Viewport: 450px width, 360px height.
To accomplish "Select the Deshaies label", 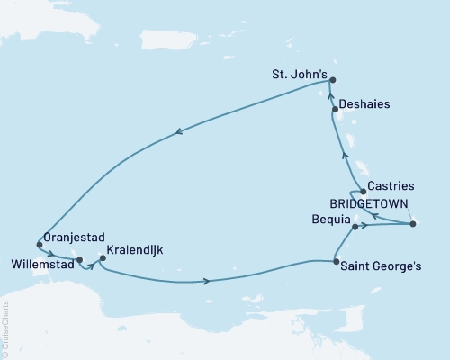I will pyautogui.click(x=368, y=104).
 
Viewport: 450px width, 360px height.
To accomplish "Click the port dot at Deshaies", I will pyautogui.click(x=336, y=110).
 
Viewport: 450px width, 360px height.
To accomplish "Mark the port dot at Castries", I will pyautogui.click(x=363, y=191).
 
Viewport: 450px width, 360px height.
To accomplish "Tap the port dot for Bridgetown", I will pyautogui.click(x=412, y=223).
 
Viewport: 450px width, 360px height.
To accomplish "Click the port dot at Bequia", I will pyautogui.click(x=355, y=227).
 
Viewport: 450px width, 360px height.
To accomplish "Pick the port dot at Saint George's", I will pyautogui.click(x=336, y=262).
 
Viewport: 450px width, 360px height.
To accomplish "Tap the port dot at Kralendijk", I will pyautogui.click(x=102, y=258).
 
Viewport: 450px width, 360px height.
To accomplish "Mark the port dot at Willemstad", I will pyautogui.click(x=80, y=260).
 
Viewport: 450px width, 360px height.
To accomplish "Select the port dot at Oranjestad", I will pyautogui.click(x=39, y=244).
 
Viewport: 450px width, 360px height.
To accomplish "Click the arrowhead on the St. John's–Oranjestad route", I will pyautogui.click(x=181, y=131).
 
